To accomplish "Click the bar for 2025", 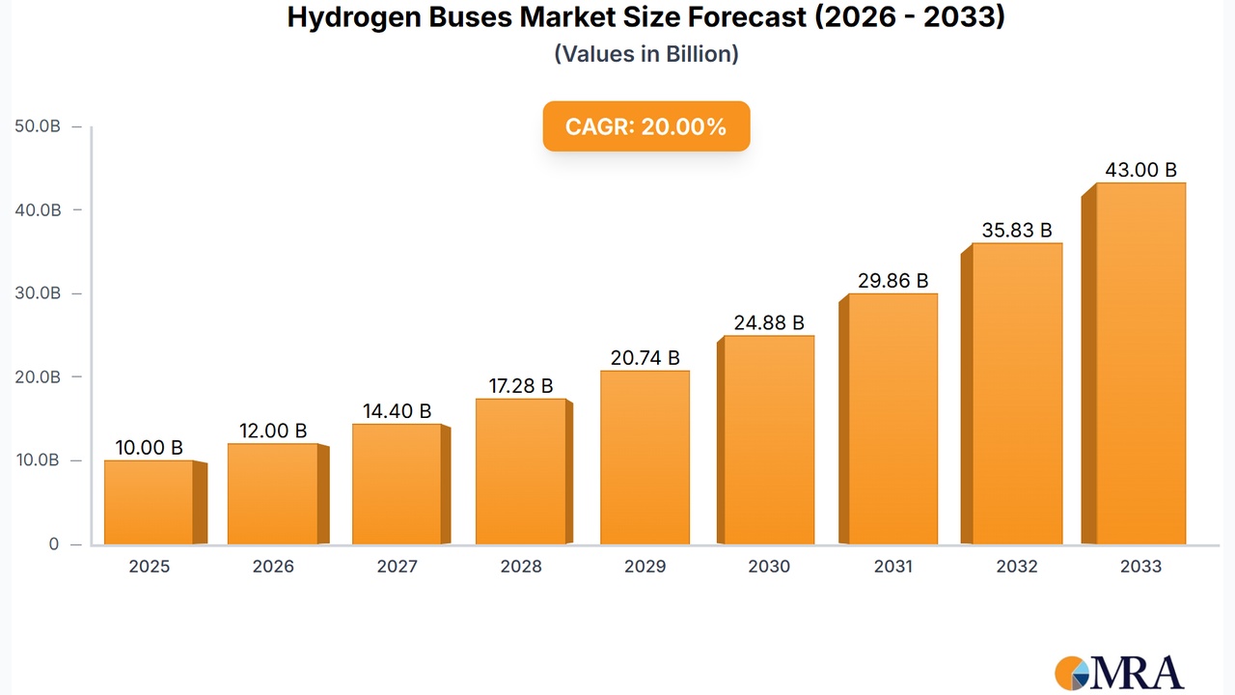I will [149, 502].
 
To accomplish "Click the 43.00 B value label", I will [1140, 170].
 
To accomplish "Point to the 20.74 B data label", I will [645, 358].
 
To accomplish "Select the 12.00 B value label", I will [272, 431].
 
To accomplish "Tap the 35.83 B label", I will [1017, 231].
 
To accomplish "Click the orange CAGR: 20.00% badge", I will [645, 126].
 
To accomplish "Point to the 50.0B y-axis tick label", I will [38, 126].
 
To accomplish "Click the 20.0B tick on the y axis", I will [38, 376].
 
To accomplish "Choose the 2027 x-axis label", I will [397, 567].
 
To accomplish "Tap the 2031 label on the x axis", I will [892, 567].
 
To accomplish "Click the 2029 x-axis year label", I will [645, 567].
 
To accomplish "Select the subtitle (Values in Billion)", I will [645, 54].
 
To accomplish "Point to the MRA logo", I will [1120, 671].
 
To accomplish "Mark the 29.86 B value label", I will [892, 281].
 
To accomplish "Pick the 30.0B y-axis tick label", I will [38, 293].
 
